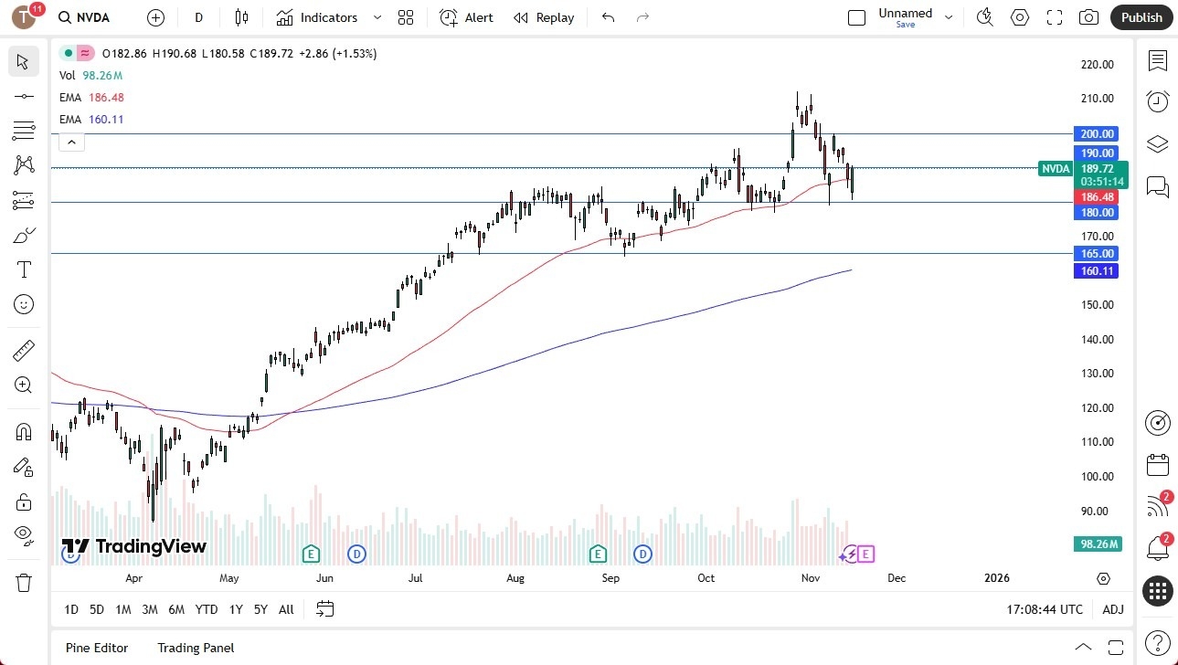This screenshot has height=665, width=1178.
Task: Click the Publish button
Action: [1141, 17]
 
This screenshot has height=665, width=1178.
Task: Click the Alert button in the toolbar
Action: [466, 17]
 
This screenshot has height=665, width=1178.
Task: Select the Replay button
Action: [544, 17]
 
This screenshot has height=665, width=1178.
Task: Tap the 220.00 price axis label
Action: [1096, 65]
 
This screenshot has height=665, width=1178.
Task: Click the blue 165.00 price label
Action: [1096, 253]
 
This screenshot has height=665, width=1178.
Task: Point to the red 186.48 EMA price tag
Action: [1097, 196]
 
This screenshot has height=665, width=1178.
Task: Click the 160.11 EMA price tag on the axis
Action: [1097, 270]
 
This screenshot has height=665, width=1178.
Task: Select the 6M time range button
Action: [176, 609]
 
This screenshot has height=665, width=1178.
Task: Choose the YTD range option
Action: [207, 609]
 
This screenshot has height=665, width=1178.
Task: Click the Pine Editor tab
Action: [97, 648]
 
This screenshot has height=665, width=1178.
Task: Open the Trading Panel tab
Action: [196, 648]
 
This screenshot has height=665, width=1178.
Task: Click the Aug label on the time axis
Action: [515, 578]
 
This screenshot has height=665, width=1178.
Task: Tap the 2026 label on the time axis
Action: [996, 578]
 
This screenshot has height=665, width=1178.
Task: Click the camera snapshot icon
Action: [1088, 17]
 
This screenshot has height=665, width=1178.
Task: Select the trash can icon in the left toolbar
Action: [24, 582]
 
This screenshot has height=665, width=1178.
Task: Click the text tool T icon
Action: [24, 269]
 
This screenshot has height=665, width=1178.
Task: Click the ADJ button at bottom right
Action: [1113, 609]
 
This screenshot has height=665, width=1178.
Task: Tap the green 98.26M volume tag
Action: [1097, 544]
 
